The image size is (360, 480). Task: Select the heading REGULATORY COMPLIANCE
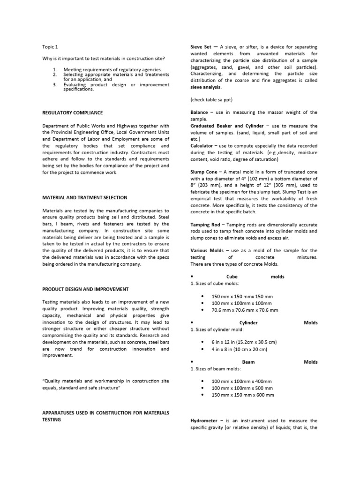pyautogui.click(x=73, y=113)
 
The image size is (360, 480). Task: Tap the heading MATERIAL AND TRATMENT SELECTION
pyautogui.click(x=84, y=197)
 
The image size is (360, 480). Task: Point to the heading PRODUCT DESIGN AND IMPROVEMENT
pyautogui.click(x=85, y=289)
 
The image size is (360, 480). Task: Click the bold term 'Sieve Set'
pyautogui.click(x=201, y=47)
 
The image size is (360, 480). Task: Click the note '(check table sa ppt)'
pyautogui.click(x=211, y=100)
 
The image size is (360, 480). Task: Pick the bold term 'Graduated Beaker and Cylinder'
pyautogui.click(x=227, y=126)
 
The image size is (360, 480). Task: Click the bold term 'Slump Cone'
pyautogui.click(x=204, y=172)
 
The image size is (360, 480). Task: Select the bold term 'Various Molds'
pyautogui.click(x=207, y=251)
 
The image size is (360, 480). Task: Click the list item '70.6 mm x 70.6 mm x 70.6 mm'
pyautogui.click(x=245, y=310)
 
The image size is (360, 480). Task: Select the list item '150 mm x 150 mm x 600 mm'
pyautogui.click(x=243, y=395)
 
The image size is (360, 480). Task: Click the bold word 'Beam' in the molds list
pyautogui.click(x=248, y=362)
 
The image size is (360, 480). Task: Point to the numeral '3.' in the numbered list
pyautogui.click(x=54, y=84)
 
